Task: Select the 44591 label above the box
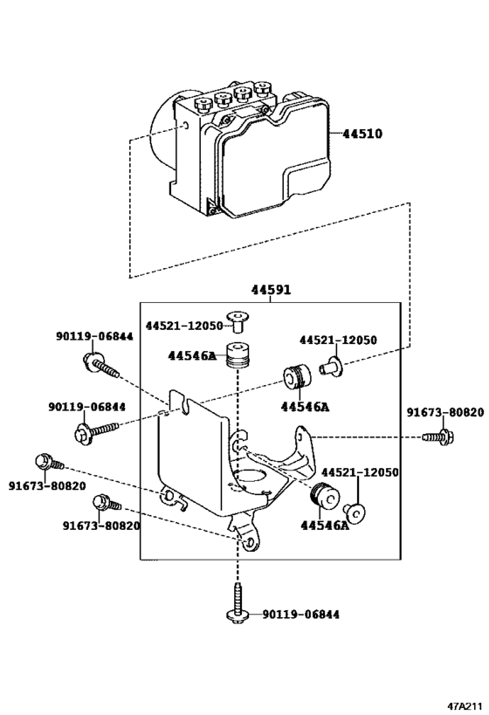(x=271, y=290)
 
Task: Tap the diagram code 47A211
(x=465, y=706)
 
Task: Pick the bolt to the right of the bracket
(x=438, y=437)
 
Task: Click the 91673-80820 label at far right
(x=445, y=413)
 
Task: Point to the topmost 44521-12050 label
(x=184, y=326)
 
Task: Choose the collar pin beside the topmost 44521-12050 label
(x=238, y=321)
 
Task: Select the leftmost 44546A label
(x=192, y=355)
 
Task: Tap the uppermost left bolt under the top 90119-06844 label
(x=101, y=365)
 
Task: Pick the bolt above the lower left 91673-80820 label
(x=107, y=504)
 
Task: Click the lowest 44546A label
(x=324, y=526)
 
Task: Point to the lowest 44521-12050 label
(x=360, y=472)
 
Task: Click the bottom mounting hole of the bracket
(x=249, y=542)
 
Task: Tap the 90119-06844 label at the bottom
(x=300, y=615)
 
